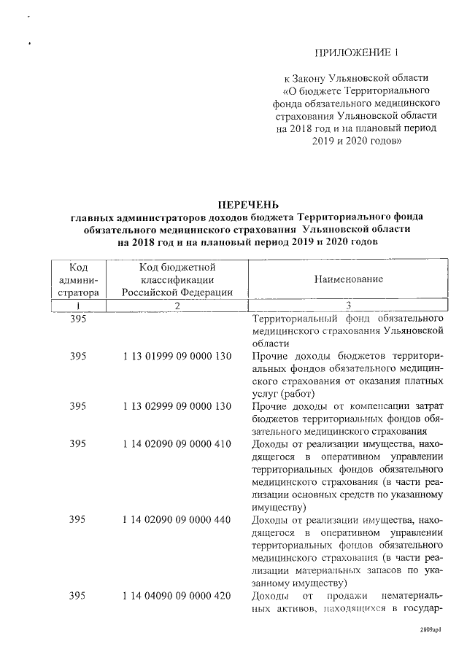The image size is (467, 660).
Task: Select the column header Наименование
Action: pos(348,279)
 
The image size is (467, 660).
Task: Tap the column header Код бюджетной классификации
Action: pos(177,279)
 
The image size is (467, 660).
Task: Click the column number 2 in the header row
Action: pos(177,306)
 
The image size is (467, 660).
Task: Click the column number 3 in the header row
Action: pos(348,306)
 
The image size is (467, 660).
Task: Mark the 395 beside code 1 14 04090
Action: pos(78,596)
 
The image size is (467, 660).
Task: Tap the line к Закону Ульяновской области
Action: pos(357,77)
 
